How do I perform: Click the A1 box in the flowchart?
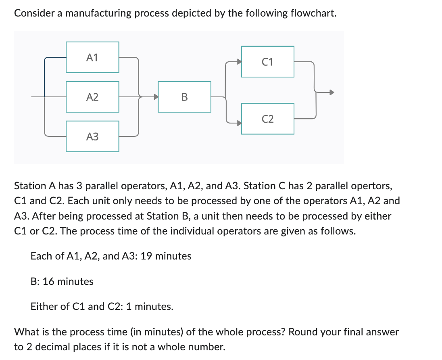[x=92, y=57]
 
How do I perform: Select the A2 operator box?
[x=92, y=97]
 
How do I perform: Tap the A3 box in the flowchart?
[x=92, y=136]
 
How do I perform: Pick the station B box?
[x=184, y=97]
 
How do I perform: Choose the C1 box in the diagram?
[x=267, y=62]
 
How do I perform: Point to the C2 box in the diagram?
[x=267, y=119]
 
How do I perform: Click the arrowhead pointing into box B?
[x=155, y=97]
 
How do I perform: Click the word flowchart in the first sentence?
[x=313, y=13]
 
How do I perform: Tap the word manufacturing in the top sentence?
[x=98, y=13]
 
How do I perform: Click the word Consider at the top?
[x=33, y=13]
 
